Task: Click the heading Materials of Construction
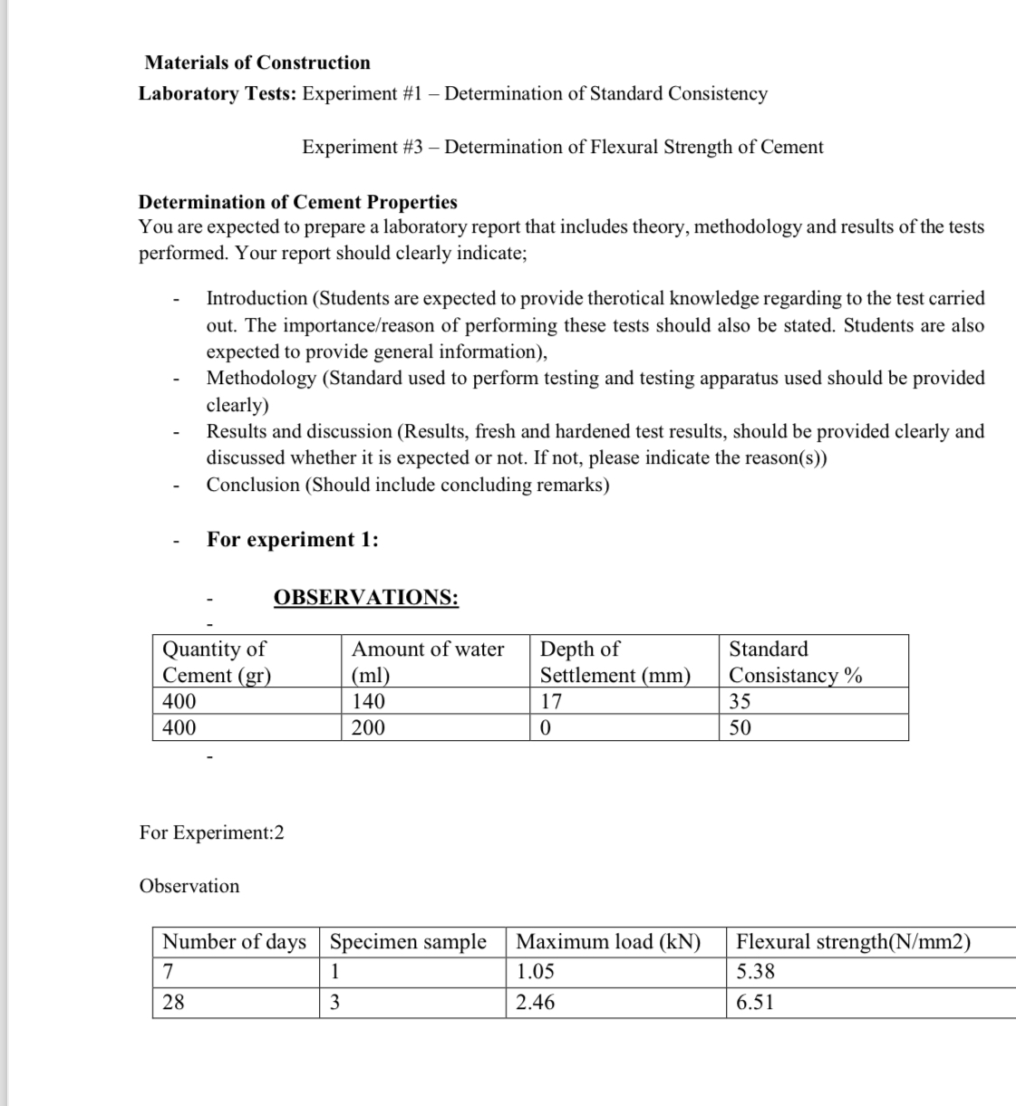pos(257,63)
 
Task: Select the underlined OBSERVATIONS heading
pos(365,597)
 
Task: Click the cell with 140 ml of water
pos(368,701)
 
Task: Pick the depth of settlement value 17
pos(551,701)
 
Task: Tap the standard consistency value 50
pos(740,727)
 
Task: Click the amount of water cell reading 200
pos(368,727)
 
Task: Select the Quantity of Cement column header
pos(217,661)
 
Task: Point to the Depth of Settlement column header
pos(614,661)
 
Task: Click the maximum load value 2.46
pos(536,1002)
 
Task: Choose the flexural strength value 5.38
pos(755,972)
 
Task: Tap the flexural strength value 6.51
pos(755,1002)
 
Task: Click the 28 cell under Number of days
pos(172,1002)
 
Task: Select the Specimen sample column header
pos(408,941)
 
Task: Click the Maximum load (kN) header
pos(608,941)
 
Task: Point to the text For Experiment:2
pos(211,832)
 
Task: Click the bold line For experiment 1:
pos(293,539)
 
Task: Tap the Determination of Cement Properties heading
pos(297,201)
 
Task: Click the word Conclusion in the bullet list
pos(253,485)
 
